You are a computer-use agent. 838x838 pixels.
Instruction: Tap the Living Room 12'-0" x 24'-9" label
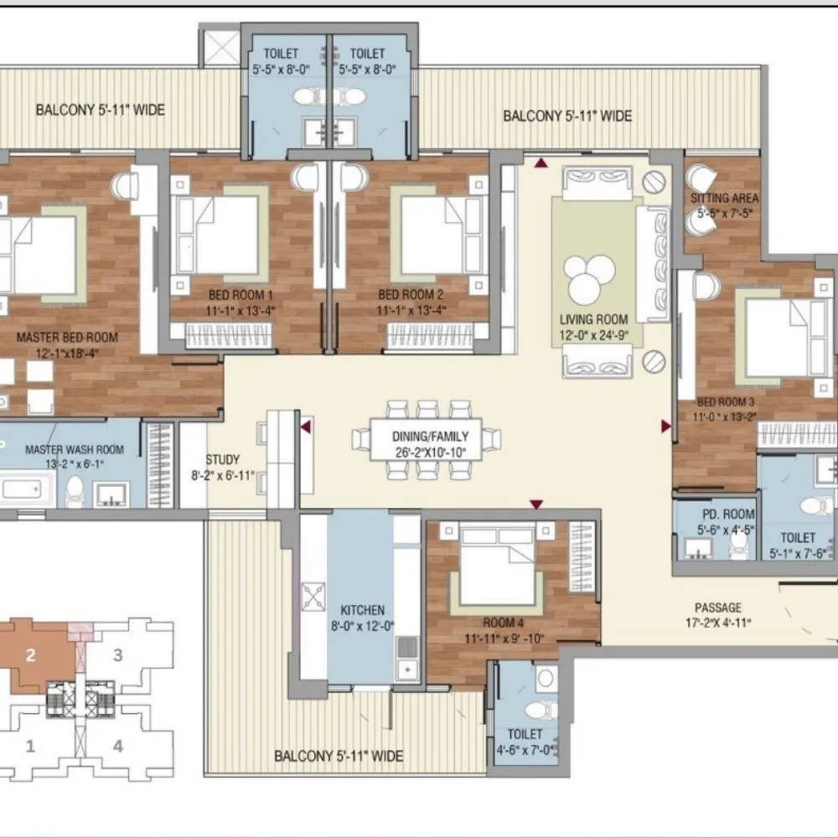[593, 327]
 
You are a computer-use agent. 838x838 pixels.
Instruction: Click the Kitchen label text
[362, 610]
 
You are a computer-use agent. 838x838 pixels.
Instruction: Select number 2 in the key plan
[30, 656]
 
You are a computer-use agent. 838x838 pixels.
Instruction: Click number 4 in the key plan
[118, 745]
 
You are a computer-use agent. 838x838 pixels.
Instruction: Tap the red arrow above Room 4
[536, 504]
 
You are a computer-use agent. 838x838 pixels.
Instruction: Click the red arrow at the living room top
[541, 163]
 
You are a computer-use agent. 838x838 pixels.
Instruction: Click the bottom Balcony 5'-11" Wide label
[339, 757]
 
